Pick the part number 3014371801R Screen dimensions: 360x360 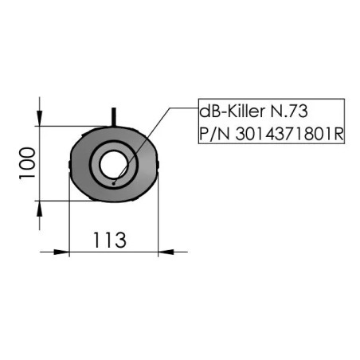pyautogui.click(x=289, y=133)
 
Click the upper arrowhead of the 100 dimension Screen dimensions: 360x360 pyautogui.click(x=39, y=118)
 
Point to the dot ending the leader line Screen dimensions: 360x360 pyautogui.click(x=114, y=182)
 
